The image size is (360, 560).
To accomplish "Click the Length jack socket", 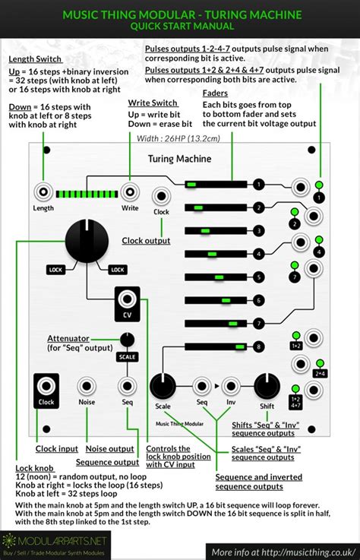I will click(x=43, y=192).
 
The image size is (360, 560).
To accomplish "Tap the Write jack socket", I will click(x=129, y=192).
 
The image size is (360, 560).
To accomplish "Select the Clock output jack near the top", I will click(x=161, y=196).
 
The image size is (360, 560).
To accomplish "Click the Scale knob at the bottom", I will click(x=163, y=384).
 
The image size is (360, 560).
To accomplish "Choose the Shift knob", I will click(x=265, y=384).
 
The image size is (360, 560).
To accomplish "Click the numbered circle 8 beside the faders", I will click(x=260, y=347).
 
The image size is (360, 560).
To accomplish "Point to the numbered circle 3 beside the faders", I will click(x=260, y=231).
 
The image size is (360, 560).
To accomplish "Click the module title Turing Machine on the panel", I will click(x=179, y=159).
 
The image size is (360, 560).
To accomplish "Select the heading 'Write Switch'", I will click(x=153, y=103).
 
